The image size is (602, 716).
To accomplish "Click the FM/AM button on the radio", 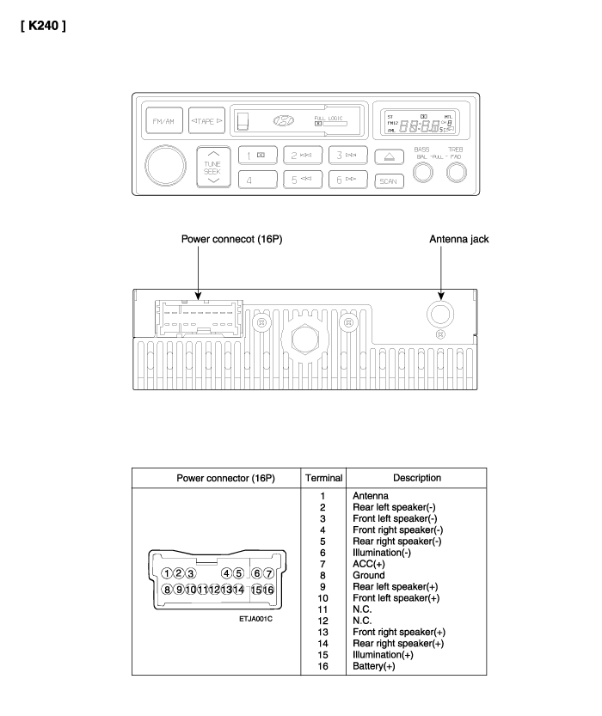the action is point(164,120).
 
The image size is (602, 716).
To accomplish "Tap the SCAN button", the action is point(389,181).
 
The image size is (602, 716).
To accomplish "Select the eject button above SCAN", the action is point(390,156).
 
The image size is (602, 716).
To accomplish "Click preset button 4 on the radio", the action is point(258,180).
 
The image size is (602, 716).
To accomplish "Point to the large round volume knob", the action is point(165,165).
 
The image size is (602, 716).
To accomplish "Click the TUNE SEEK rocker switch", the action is point(212,167).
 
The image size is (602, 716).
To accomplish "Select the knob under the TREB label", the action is point(456,173).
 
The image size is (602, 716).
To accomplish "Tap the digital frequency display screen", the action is point(421,123).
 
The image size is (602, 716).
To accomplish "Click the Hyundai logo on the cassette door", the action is point(283,120).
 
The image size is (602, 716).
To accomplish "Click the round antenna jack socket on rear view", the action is point(440,315).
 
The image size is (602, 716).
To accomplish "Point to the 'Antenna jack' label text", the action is point(458,239).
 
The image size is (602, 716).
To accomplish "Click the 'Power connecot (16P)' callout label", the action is point(231,239).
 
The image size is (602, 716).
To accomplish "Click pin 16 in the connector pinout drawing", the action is point(268,590).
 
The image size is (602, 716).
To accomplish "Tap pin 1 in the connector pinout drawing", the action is point(167,573).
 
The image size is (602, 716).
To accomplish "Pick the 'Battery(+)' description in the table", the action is point(373,666).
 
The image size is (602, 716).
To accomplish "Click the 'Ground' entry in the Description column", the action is point(369,575).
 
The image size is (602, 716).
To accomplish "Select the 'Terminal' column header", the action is point(324,478).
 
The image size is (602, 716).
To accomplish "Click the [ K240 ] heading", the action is point(43,26).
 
